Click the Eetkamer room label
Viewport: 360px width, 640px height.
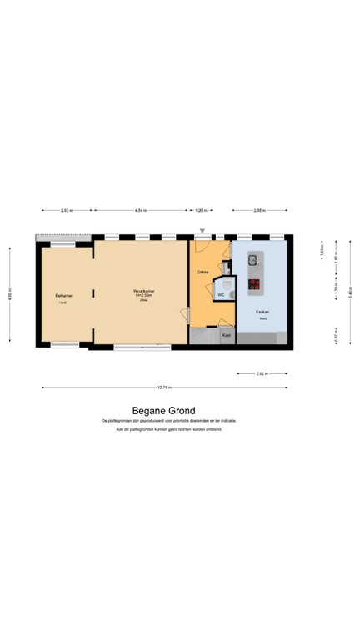click(x=62, y=295)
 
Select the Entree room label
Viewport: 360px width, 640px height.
click(x=202, y=272)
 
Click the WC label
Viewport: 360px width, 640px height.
click(x=221, y=295)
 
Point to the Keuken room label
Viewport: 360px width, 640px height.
click(x=262, y=311)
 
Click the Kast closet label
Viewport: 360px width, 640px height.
click(x=226, y=335)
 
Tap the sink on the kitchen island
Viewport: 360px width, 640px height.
click(x=252, y=261)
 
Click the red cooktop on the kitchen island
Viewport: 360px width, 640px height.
click(x=253, y=283)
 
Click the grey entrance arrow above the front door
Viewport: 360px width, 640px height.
click(x=201, y=231)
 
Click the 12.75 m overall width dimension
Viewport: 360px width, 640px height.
click(x=165, y=387)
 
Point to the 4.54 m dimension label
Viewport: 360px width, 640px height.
click(x=140, y=211)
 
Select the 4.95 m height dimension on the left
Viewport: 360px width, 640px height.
click(x=11, y=292)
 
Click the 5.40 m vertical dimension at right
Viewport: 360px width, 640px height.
click(x=351, y=292)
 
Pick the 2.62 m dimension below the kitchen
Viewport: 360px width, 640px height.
click(x=262, y=374)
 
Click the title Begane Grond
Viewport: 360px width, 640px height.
click(x=163, y=410)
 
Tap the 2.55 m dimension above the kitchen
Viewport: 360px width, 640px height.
click(x=261, y=211)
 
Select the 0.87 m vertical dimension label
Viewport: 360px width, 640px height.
click(x=336, y=334)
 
